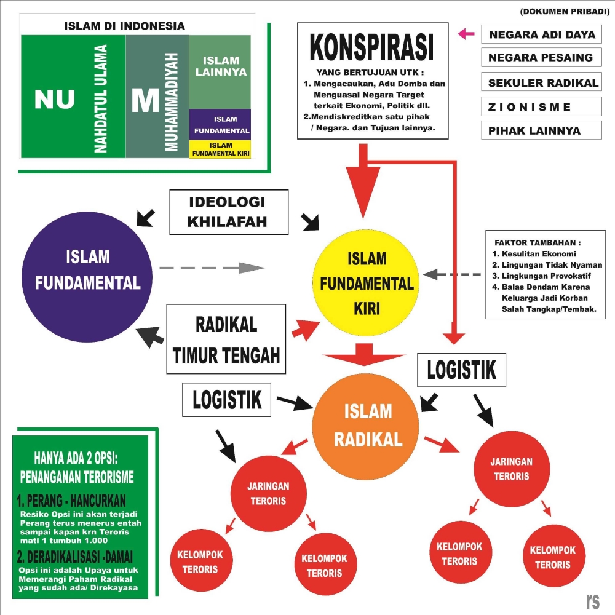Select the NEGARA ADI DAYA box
click(542, 34)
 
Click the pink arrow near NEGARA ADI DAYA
click(466, 34)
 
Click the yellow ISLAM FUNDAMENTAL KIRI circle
click(367, 282)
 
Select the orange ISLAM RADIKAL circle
click(367, 425)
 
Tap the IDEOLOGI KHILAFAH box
click(228, 212)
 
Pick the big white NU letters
click(55, 99)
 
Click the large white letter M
click(145, 100)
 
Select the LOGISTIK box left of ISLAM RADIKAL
click(227, 399)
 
